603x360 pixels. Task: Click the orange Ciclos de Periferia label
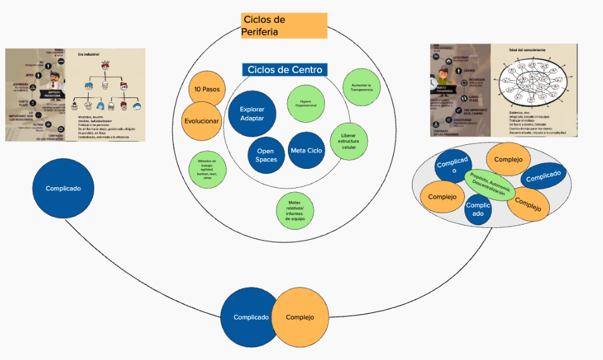284,26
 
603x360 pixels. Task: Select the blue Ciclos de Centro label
284,70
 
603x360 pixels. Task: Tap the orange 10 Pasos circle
207,89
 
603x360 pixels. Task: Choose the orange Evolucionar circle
201,121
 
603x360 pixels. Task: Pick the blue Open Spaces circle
266,155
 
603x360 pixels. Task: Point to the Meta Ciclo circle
306,151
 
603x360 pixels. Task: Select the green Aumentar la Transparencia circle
361,87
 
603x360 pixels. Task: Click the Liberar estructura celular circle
349,140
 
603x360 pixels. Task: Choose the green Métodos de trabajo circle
208,170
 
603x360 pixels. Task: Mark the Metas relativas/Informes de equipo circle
295,209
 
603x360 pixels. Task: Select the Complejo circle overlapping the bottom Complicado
301,317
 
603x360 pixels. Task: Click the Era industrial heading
89,54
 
